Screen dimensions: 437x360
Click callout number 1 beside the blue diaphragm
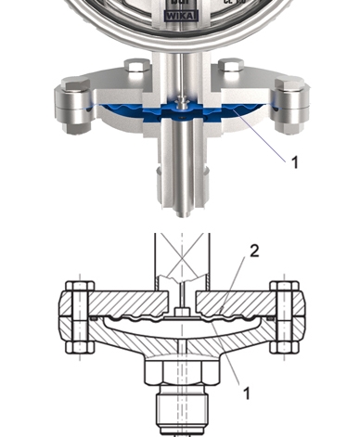[x=294, y=161]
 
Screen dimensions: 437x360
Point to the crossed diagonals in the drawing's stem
[x=180, y=255]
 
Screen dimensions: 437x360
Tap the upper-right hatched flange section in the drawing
[x=241, y=302]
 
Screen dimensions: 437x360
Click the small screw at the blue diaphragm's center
[x=185, y=101]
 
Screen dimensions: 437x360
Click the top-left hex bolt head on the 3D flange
[x=135, y=68]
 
